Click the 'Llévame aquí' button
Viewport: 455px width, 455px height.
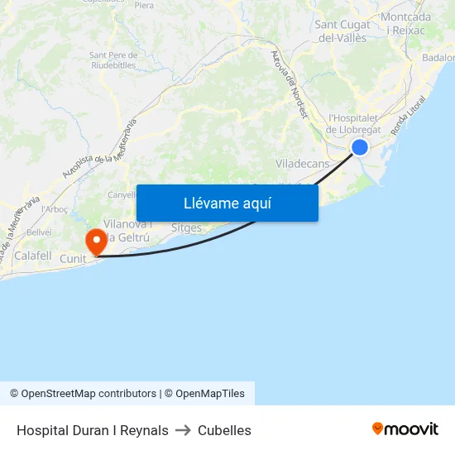pyautogui.click(x=227, y=203)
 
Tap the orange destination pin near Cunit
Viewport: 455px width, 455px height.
pyautogui.click(x=97, y=242)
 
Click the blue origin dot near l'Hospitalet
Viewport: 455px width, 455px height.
pyautogui.click(x=360, y=147)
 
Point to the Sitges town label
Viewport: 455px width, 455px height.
pyautogui.click(x=186, y=227)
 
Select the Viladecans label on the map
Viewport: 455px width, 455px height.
pyautogui.click(x=302, y=164)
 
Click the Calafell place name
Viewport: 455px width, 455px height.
pyautogui.click(x=33, y=256)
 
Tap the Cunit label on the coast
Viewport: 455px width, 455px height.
pyautogui.click(x=73, y=259)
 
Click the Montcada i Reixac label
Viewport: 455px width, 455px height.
pyautogui.click(x=405, y=23)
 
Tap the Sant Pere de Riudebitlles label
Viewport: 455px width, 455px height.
pyautogui.click(x=113, y=60)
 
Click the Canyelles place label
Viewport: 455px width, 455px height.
pyautogui.click(x=122, y=195)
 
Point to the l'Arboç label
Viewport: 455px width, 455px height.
pyautogui.click(x=55, y=209)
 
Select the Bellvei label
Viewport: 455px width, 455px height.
pyautogui.click(x=39, y=232)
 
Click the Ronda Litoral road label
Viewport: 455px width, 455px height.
pyautogui.click(x=410, y=116)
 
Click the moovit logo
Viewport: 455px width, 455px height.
pyautogui.click(x=405, y=429)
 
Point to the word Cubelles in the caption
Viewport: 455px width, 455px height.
pyautogui.click(x=224, y=430)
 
